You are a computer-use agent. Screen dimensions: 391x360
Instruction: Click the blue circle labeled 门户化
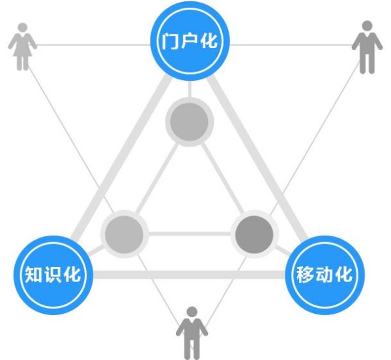tap(190, 41)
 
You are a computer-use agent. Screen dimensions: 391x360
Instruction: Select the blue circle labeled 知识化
tap(53, 275)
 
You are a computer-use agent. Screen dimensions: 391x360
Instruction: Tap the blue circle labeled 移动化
tap(325, 275)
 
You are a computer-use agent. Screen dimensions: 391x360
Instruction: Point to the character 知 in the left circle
tap(34, 274)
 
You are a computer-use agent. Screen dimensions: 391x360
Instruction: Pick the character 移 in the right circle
tap(305, 275)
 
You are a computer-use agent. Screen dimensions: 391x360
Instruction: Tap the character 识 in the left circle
tap(53, 274)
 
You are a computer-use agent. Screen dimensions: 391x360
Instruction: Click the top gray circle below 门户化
tap(189, 122)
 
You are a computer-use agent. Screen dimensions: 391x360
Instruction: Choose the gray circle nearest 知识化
tap(124, 234)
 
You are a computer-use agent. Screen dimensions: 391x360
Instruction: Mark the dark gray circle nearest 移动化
tap(254, 234)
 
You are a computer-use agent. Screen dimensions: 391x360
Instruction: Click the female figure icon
tap(22, 47)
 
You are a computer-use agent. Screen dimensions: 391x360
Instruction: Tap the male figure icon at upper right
tap(367, 47)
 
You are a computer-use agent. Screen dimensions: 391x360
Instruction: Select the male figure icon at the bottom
tap(192, 333)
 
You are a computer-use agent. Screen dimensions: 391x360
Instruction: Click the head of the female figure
tap(23, 27)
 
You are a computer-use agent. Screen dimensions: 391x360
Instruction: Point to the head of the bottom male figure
tap(192, 312)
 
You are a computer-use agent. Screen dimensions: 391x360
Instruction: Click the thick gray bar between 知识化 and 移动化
tap(189, 275)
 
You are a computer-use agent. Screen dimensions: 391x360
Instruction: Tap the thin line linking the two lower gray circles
tap(190, 234)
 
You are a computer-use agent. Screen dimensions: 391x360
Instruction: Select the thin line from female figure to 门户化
tap(93, 45)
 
